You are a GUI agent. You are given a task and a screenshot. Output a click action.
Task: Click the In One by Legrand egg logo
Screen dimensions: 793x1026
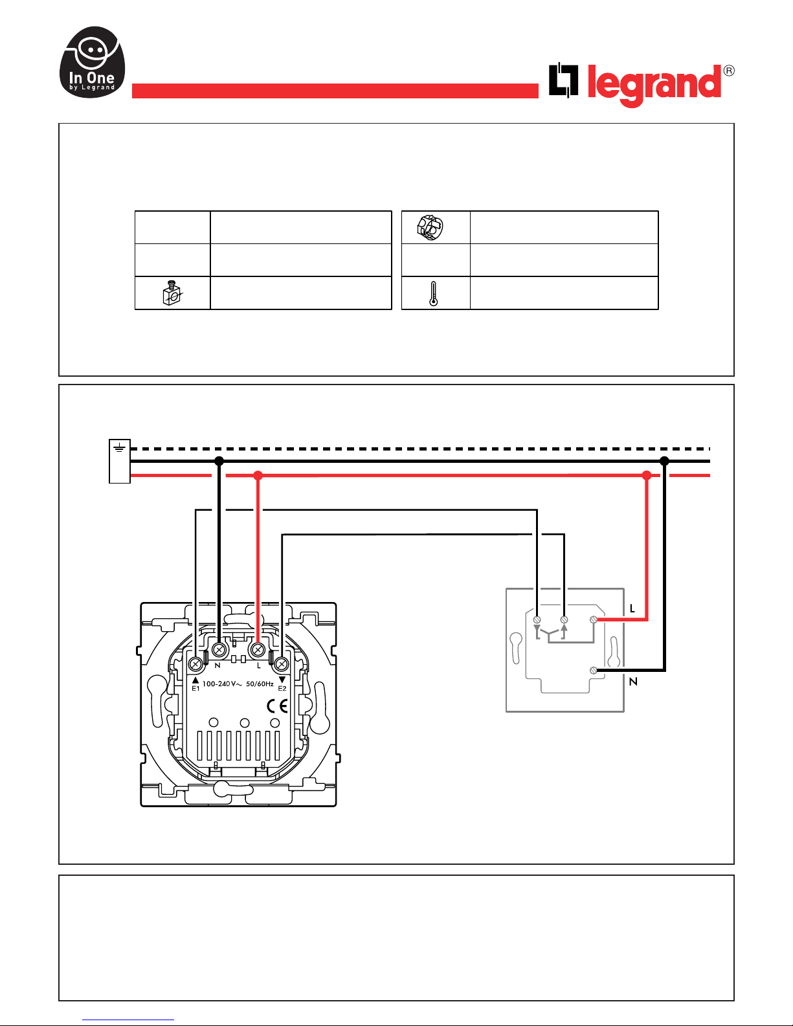coord(92,62)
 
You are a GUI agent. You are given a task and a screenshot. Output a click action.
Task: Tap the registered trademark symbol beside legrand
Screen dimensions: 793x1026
coord(729,71)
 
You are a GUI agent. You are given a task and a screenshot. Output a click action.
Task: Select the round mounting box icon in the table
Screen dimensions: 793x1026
coord(430,227)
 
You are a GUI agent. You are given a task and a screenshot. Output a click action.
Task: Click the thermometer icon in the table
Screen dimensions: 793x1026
coord(433,294)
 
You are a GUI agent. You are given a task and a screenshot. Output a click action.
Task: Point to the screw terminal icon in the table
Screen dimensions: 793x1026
coord(172,293)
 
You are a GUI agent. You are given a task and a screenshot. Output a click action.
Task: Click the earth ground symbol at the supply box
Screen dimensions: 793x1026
coord(119,447)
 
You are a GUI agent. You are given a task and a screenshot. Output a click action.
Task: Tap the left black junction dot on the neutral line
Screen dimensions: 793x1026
coord(219,461)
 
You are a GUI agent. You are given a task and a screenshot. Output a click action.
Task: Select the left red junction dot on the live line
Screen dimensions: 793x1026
coord(258,476)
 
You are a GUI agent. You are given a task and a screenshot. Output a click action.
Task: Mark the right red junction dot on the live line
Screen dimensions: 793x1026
coord(647,476)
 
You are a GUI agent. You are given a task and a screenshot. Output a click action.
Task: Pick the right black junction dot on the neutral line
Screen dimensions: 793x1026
coord(664,461)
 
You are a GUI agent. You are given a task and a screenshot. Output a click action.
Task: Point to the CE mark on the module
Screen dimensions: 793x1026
coord(277,706)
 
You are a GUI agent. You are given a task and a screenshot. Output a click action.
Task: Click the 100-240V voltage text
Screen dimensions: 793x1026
coord(222,684)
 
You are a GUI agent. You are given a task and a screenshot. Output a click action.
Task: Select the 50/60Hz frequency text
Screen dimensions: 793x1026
coord(260,684)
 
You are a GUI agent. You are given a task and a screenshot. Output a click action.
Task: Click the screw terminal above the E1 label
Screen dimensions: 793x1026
coord(195,664)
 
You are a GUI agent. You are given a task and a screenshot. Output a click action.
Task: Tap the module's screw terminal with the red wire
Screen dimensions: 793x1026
coord(257,650)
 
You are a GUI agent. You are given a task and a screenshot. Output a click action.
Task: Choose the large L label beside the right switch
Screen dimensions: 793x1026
coord(632,608)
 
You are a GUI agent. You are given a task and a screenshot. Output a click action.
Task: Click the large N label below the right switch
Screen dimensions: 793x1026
coord(634,682)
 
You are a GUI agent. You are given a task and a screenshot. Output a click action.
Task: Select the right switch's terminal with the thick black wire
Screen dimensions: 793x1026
coord(594,670)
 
